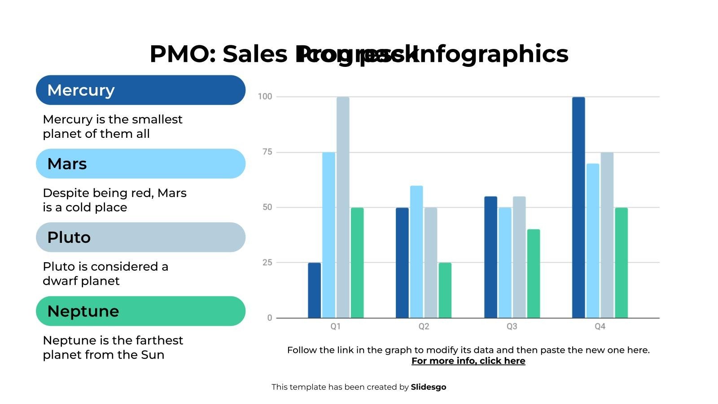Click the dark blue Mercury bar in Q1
[314, 290]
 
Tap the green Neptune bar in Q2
[445, 290]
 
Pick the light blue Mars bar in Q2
[416, 252]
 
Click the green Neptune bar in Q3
[533, 274]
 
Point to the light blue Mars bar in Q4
[592, 241]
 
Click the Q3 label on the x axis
[512, 326]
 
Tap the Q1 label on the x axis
[336, 326]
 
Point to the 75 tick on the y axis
[267, 152]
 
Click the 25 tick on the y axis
[267, 263]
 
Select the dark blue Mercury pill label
[140, 90]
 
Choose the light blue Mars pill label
[140, 164]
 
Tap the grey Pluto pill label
[140, 237]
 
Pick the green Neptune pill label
[140, 311]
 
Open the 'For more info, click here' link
[468, 361]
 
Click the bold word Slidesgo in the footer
[428, 387]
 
